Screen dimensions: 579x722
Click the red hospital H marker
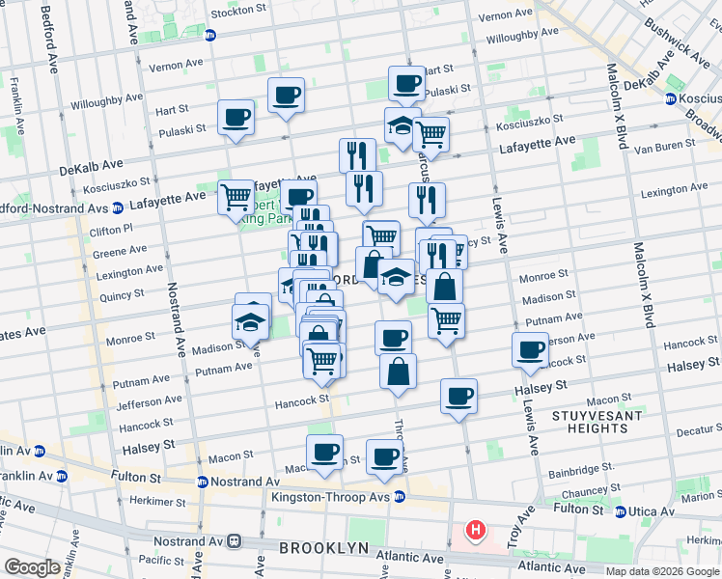pos(475,530)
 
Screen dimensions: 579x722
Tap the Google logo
pos(32,567)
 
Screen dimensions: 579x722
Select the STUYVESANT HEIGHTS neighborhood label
pos(591,422)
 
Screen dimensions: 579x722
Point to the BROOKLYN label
pos(324,548)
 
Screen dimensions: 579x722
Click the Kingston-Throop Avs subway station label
pos(339,497)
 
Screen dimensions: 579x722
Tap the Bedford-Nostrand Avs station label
pos(52,207)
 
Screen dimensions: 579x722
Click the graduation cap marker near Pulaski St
pos(403,124)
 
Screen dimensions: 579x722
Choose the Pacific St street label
pos(154,560)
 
